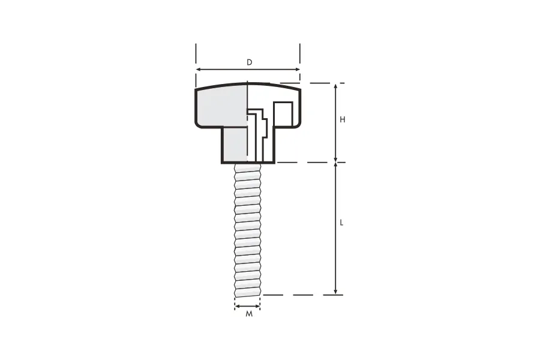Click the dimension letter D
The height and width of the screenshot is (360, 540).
click(250, 62)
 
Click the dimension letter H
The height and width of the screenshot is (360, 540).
click(343, 119)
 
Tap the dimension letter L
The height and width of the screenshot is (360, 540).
click(341, 223)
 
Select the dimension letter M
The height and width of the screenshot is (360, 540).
click(249, 314)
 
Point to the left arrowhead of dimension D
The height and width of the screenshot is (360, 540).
click(198, 70)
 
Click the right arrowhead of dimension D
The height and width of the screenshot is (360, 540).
click(298, 70)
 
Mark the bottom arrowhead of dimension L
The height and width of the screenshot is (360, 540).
click(336, 292)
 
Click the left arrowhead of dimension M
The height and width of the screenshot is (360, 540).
click(237, 306)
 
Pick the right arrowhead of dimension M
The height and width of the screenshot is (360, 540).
click(258, 306)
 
